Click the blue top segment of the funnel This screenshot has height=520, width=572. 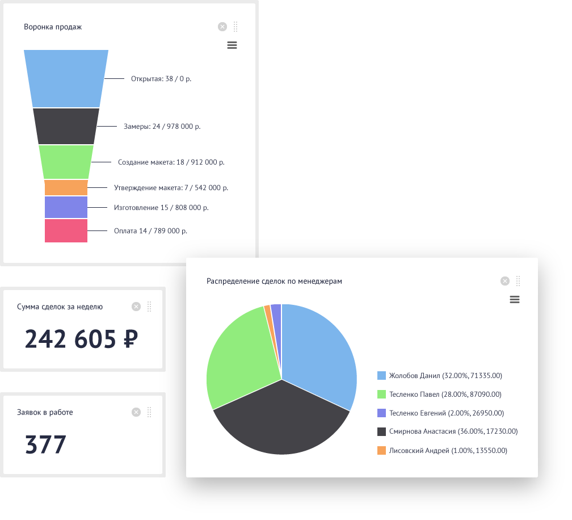click(66, 78)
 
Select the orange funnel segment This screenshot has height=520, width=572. click(66, 187)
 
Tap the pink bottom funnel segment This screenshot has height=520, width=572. click(66, 231)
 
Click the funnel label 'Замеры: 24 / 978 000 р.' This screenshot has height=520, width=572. click(162, 127)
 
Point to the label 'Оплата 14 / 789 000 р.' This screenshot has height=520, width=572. click(150, 231)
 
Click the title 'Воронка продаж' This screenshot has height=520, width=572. click(53, 27)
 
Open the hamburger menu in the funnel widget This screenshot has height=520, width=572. click(232, 45)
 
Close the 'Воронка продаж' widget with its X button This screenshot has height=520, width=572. click(222, 27)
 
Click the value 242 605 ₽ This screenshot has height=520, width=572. click(81, 339)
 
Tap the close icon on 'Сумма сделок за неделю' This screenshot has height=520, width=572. click(136, 307)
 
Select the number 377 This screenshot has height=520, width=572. click(46, 445)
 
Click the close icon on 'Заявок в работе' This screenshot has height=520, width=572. click(136, 412)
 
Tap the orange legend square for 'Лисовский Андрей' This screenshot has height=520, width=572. click(382, 451)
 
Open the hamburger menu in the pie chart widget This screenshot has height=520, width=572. click(515, 300)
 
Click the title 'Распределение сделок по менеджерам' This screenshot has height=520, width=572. click(274, 281)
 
